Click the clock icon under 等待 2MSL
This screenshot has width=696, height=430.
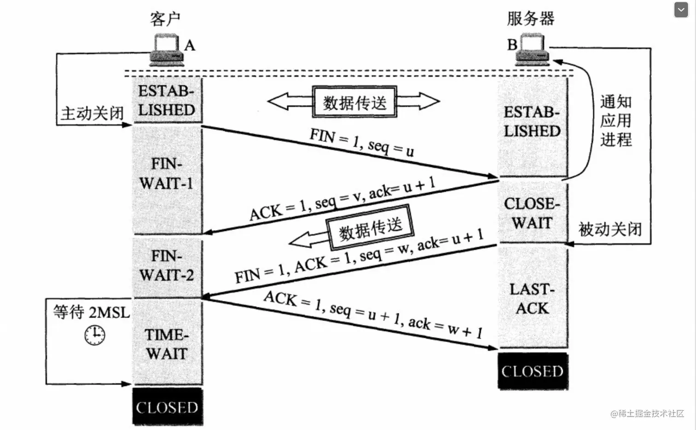click(x=95, y=335)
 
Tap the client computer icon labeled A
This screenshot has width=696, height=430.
click(x=167, y=50)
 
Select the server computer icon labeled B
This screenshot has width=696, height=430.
click(x=532, y=49)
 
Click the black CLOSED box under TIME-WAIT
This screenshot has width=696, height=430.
click(x=168, y=406)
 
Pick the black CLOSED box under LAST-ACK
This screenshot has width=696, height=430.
click(x=533, y=371)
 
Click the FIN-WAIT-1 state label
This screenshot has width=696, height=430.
click(x=167, y=174)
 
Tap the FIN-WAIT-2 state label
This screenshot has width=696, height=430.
click(x=167, y=266)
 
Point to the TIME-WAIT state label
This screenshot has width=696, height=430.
click(x=167, y=344)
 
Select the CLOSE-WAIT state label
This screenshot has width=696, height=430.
click(x=532, y=213)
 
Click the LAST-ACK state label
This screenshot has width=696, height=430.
click(x=532, y=299)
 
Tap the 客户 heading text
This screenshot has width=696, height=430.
click(x=165, y=19)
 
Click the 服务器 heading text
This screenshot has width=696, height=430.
click(x=531, y=18)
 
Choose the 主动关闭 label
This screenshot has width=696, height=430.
click(x=92, y=113)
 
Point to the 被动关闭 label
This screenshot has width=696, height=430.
click(x=610, y=230)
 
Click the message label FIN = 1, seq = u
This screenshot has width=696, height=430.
click(x=362, y=143)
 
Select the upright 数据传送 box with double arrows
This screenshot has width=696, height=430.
click(x=354, y=101)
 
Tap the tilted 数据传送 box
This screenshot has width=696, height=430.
click(x=370, y=227)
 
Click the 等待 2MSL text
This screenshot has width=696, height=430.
click(x=91, y=312)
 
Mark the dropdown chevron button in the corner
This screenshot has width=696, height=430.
click(x=681, y=10)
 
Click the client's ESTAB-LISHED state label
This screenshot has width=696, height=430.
click(x=167, y=100)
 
